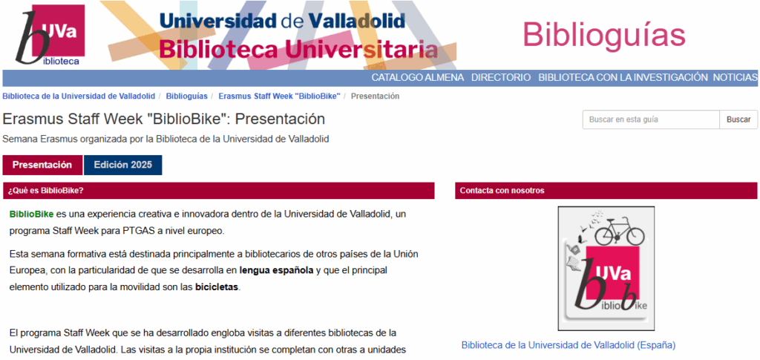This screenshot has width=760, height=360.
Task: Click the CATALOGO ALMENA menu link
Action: (418, 77)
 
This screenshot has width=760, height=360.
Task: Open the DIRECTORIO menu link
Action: (501, 77)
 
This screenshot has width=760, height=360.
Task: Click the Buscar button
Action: (738, 120)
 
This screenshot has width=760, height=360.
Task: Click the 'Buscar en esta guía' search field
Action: (651, 120)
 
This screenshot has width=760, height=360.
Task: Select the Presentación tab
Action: (42, 165)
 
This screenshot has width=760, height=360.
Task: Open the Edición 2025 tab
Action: (122, 165)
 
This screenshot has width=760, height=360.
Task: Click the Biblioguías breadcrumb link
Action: (186, 96)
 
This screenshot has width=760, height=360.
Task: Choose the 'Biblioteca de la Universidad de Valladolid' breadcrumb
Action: (79, 96)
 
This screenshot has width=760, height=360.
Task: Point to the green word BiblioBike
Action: (31, 214)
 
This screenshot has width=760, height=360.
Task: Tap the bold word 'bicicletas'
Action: (217, 287)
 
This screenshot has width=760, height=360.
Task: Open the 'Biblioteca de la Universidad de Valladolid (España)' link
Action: (568, 345)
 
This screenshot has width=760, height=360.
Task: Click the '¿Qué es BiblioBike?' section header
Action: (45, 191)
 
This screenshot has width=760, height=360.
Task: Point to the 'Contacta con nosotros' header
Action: (502, 191)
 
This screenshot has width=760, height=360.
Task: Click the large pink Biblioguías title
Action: (603, 34)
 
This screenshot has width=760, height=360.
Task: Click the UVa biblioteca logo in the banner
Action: (50, 35)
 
